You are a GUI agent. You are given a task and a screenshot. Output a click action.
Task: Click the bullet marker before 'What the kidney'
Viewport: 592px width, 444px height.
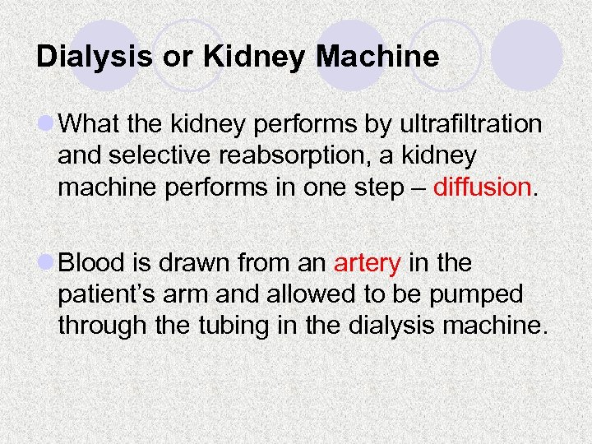48,124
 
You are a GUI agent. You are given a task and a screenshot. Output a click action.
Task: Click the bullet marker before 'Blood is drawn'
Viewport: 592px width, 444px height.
48,263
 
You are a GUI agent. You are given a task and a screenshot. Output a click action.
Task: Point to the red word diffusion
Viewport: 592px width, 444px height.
482,187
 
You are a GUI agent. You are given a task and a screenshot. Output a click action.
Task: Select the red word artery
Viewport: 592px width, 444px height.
368,263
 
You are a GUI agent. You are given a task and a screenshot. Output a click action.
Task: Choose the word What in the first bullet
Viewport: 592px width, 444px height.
89,124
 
